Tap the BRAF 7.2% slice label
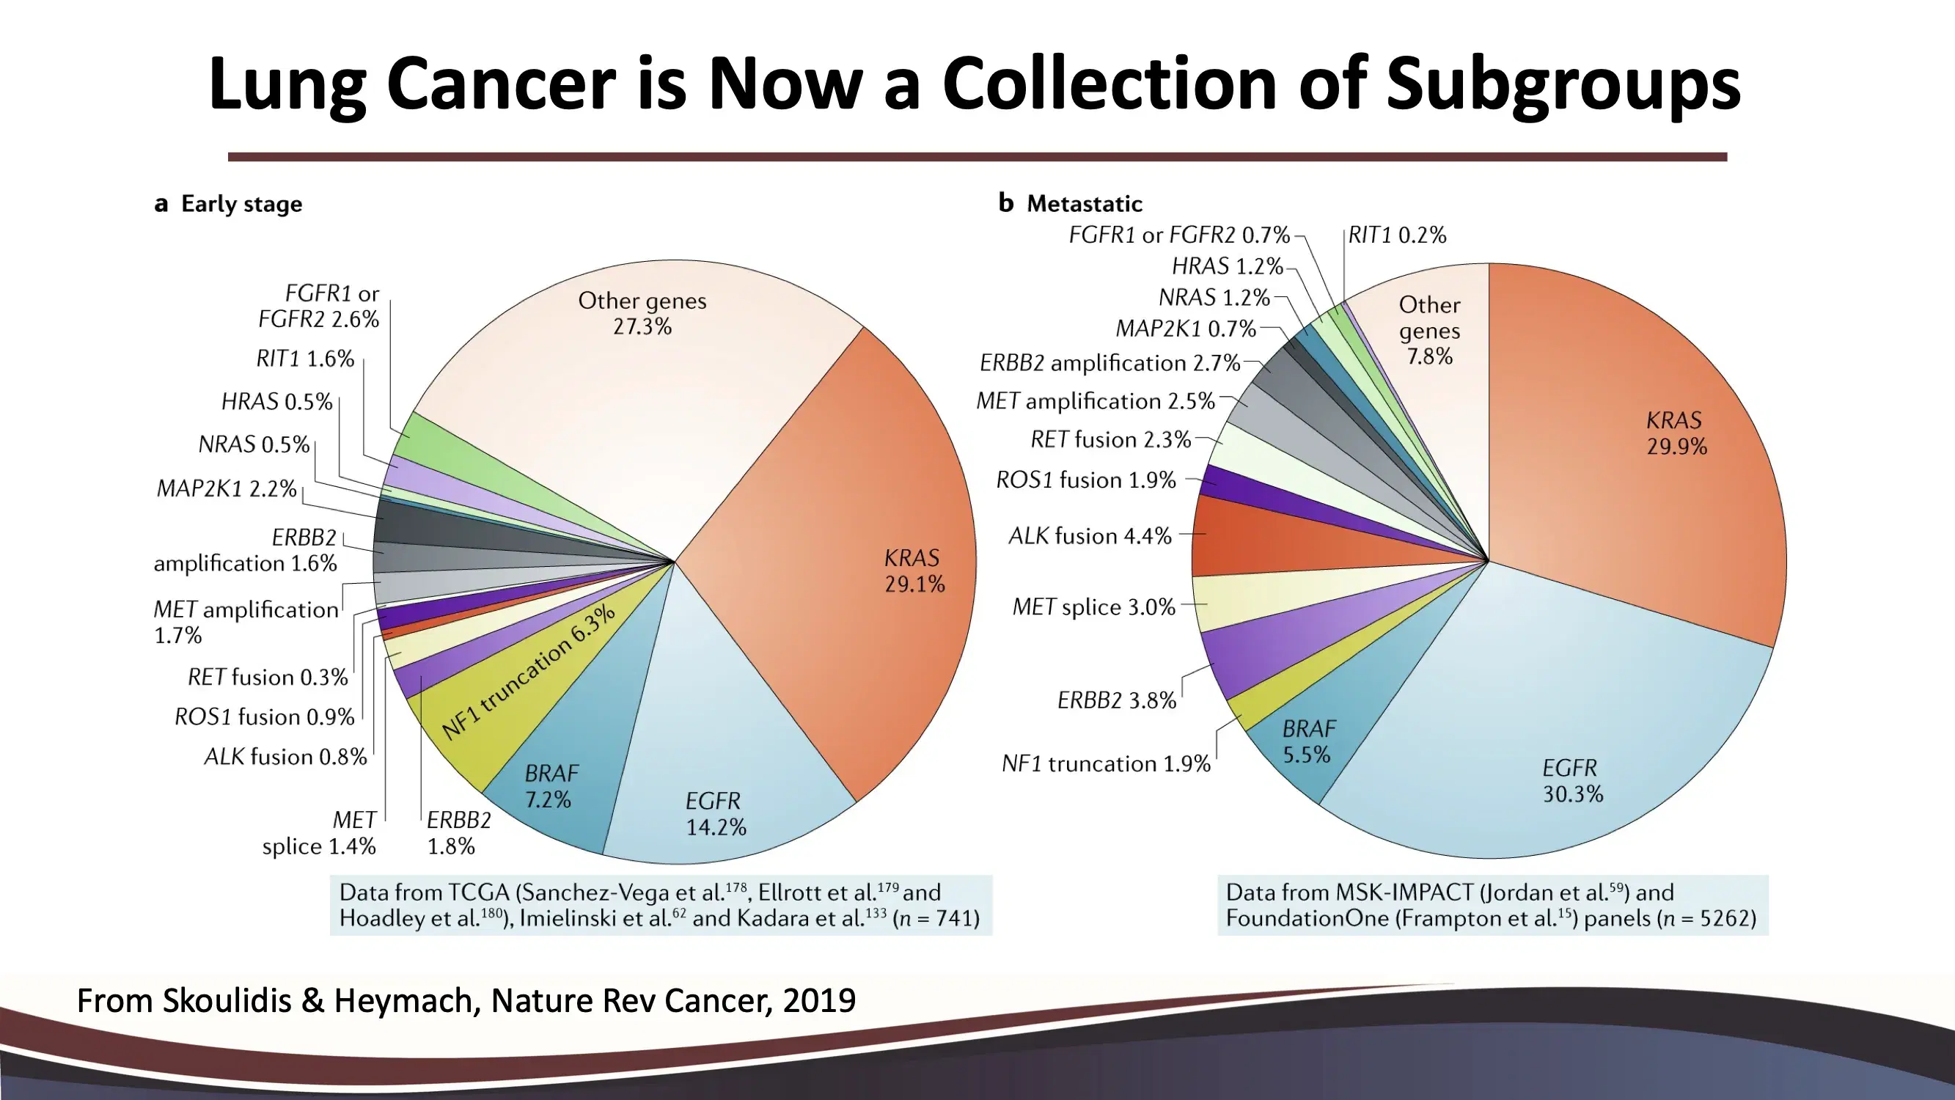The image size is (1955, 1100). pyautogui.click(x=549, y=786)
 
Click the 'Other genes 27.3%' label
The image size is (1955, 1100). pyautogui.click(x=642, y=313)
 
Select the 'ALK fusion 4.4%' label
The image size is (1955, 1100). pyautogui.click(x=1090, y=536)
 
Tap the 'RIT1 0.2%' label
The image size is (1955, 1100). pyautogui.click(x=1397, y=235)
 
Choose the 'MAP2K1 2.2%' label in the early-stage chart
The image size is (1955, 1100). pyautogui.click(x=226, y=488)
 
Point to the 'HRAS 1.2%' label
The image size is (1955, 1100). pyautogui.click(x=1227, y=266)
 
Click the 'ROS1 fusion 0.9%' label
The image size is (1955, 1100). pyautogui.click(x=264, y=716)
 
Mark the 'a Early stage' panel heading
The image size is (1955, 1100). pyautogui.click(x=227, y=203)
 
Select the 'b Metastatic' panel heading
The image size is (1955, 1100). pyautogui.click(x=1070, y=203)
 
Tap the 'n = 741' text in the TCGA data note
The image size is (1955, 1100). pyautogui.click(x=936, y=919)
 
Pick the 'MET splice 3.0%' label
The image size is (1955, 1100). pyautogui.click(x=1093, y=607)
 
